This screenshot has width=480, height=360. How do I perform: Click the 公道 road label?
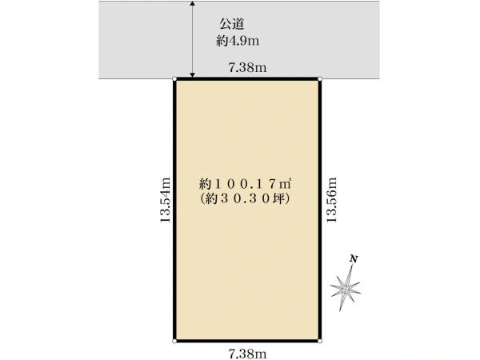point(232,24)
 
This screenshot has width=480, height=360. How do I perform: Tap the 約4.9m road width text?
point(238,41)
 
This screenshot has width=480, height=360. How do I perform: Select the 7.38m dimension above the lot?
point(247,67)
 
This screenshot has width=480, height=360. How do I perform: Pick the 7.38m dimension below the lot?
point(247,354)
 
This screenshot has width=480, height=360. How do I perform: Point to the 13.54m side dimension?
point(165,200)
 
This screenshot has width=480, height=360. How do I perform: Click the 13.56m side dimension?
point(331,200)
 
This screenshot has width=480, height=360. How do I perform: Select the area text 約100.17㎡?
point(245,184)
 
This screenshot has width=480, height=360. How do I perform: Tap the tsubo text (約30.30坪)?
point(245,199)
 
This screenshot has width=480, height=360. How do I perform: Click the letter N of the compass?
point(354,259)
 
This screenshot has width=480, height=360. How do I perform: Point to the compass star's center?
point(346,288)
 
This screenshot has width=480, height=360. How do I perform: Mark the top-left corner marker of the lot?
point(174,79)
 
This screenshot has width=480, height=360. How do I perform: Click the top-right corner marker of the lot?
point(320,79)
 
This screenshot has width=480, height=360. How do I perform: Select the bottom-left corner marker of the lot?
point(174,341)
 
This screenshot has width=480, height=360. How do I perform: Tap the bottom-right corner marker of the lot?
point(320,341)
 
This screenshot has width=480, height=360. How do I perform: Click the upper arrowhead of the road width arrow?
point(192,3)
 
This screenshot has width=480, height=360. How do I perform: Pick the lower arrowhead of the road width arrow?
point(192,75)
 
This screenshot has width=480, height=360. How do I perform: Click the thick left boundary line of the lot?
point(174,210)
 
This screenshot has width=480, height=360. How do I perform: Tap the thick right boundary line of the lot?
point(320,210)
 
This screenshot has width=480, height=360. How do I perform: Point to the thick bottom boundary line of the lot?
point(247,341)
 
